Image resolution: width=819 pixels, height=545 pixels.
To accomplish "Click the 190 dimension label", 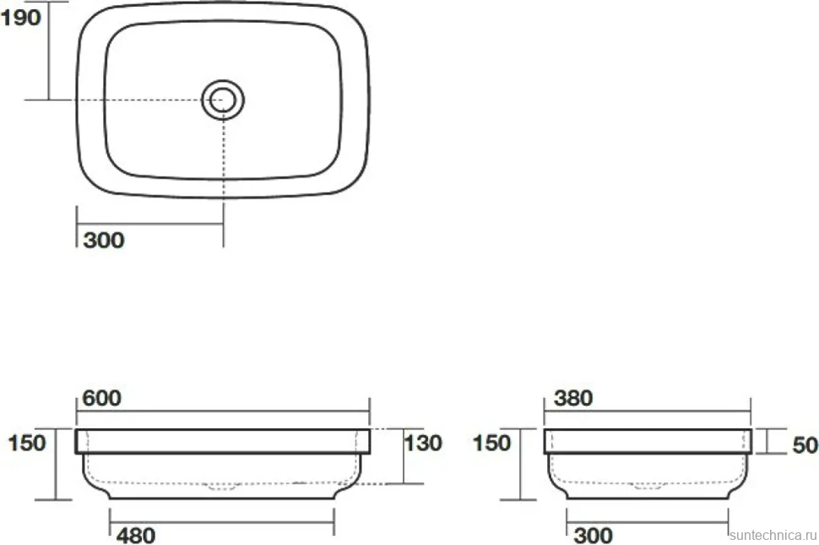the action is click(x=20, y=19).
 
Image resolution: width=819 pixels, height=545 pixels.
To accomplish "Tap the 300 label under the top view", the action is click(x=104, y=240).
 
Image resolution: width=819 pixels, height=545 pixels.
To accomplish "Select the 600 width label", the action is click(x=102, y=398).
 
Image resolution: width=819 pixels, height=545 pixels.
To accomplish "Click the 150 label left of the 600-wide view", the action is click(x=27, y=443).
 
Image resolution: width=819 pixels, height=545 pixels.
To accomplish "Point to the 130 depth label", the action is click(x=424, y=443).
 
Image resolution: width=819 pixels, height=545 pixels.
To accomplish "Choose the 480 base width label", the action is click(x=135, y=536).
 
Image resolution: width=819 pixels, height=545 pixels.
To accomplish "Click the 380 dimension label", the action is click(x=573, y=398).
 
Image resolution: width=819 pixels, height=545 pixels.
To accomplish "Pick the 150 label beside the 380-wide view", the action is click(x=491, y=443).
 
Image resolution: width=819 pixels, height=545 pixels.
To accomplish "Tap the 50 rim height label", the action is click(x=805, y=445).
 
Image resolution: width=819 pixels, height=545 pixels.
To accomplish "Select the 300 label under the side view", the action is click(x=593, y=536).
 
